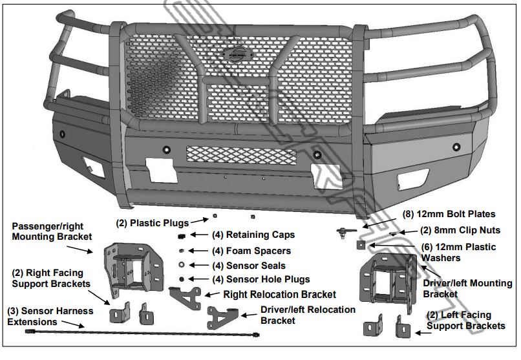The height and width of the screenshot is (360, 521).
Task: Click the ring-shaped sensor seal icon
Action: pos(182,265)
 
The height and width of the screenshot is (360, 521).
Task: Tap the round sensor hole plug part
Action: pos(182,279)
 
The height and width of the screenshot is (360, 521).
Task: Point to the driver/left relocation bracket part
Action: pos(223,317)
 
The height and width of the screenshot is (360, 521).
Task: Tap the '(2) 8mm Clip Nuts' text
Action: pos(460,229)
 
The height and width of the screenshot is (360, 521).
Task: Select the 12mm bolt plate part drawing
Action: pos(345,230)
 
